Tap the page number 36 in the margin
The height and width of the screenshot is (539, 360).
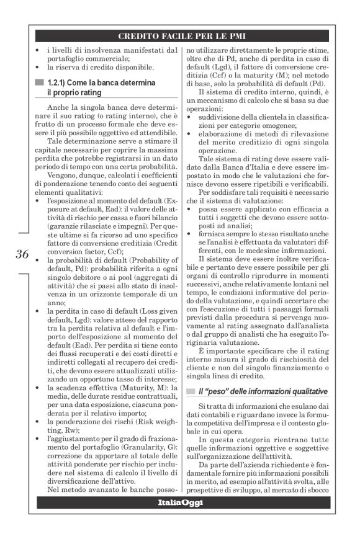pos(22,254)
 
